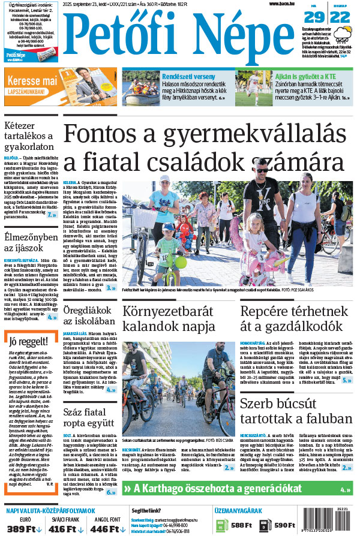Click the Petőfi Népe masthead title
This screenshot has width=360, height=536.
coord(180,38)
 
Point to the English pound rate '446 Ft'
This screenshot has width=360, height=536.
coord(104,528)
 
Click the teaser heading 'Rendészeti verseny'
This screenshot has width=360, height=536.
coord(189,76)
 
